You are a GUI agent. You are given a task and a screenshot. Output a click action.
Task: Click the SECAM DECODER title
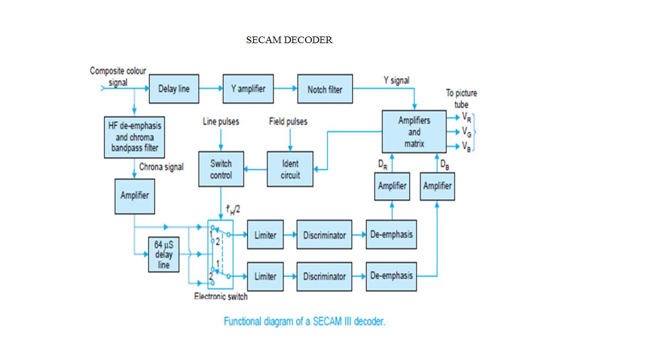tap(289, 40)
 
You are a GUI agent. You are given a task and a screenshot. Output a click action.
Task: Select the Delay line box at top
tap(174, 88)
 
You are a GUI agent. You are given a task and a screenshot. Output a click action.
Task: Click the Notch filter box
tap(324, 89)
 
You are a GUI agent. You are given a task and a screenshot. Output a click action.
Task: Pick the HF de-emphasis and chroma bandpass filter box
tap(134, 137)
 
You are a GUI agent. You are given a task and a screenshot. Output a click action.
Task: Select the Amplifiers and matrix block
tap(414, 132)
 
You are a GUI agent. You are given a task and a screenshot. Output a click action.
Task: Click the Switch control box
tap(221, 169)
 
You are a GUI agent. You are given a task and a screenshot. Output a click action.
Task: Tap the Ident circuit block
tap(290, 169)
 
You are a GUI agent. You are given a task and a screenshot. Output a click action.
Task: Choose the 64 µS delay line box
tap(163, 254)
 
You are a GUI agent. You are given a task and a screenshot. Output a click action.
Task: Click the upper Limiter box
tap(265, 235)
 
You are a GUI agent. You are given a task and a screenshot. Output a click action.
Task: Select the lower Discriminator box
tap(324, 276)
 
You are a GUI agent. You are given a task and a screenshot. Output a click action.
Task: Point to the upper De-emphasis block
tap(391, 234)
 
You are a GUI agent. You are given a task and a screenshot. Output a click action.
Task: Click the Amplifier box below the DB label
tap(437, 186)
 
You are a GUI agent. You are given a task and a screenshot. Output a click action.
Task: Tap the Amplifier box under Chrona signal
tap(134, 195)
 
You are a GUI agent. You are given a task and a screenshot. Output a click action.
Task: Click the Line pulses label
tap(221, 122)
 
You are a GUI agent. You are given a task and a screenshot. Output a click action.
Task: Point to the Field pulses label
tap(288, 122)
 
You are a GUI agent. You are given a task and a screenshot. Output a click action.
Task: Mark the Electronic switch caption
tap(221, 296)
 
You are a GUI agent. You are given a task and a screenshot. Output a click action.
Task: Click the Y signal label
tap(396, 81)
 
